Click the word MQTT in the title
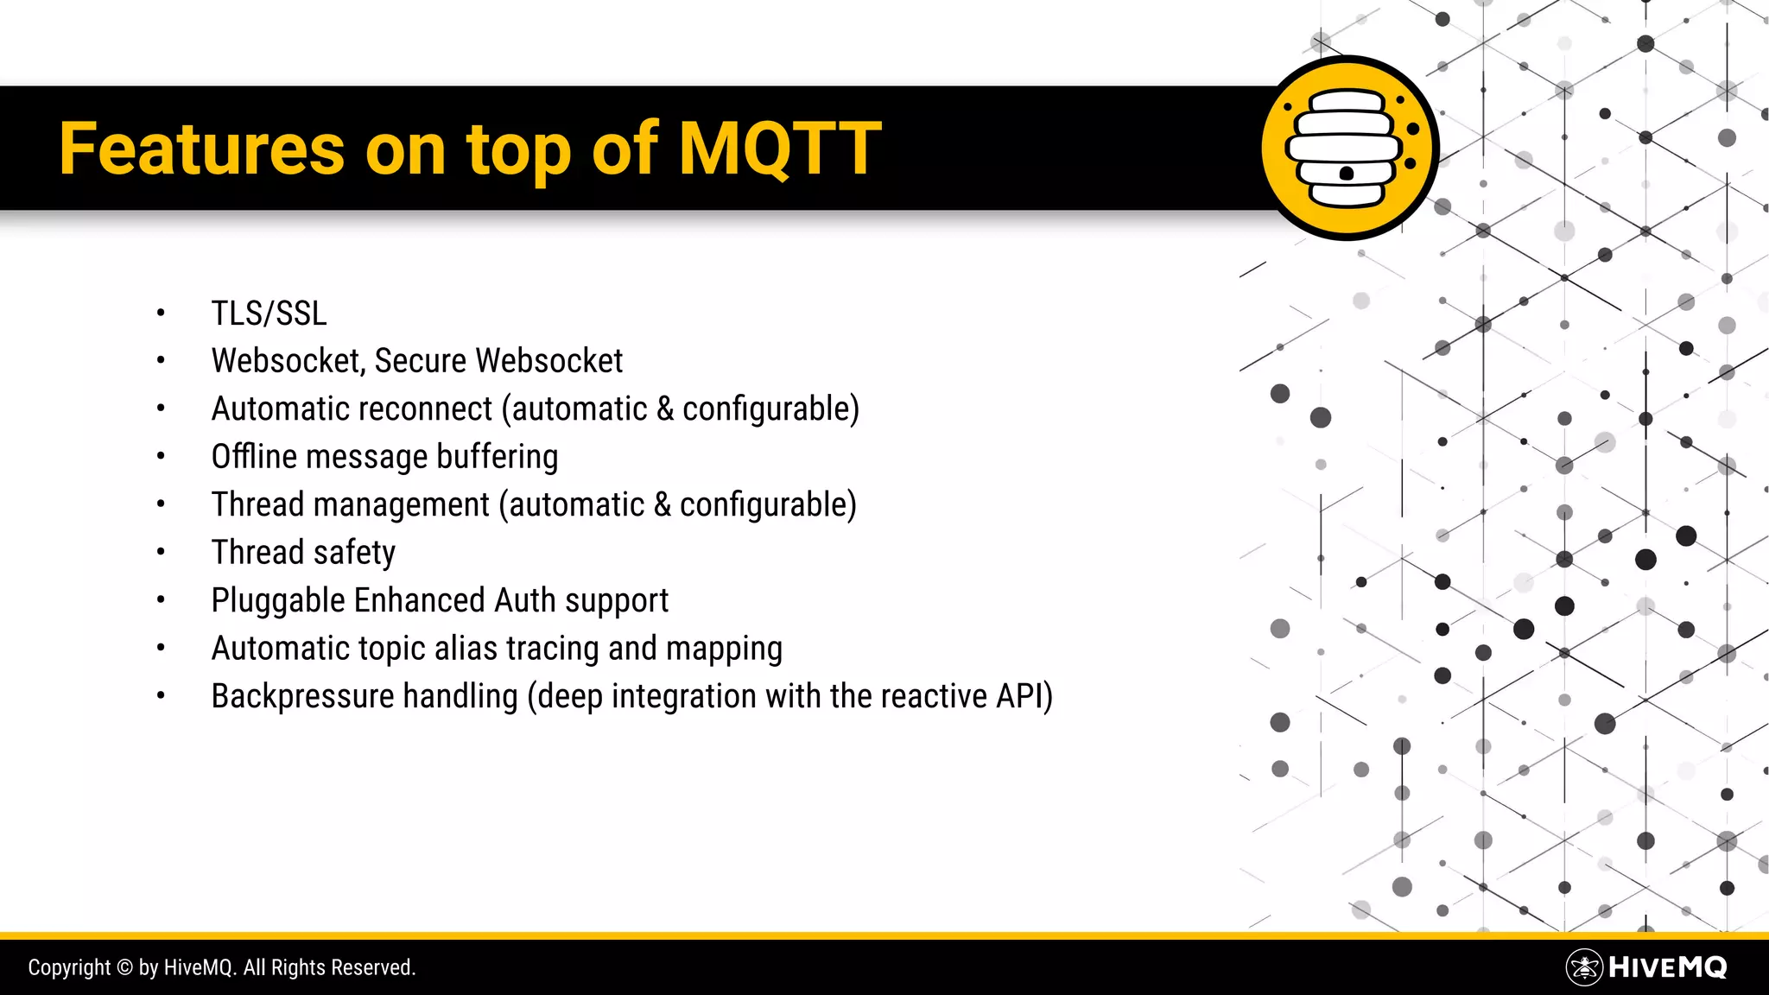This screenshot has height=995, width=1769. click(x=780, y=149)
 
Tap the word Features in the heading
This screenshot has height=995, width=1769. click(x=202, y=149)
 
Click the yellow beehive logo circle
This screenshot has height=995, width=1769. click(x=1348, y=148)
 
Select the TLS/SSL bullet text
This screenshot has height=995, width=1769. click(x=269, y=314)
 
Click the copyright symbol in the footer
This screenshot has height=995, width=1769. click(x=124, y=967)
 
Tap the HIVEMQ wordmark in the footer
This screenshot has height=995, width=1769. click(x=1668, y=967)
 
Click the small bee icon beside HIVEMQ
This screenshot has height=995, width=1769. click(x=1584, y=967)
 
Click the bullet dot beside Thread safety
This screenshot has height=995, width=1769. click(x=161, y=552)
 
